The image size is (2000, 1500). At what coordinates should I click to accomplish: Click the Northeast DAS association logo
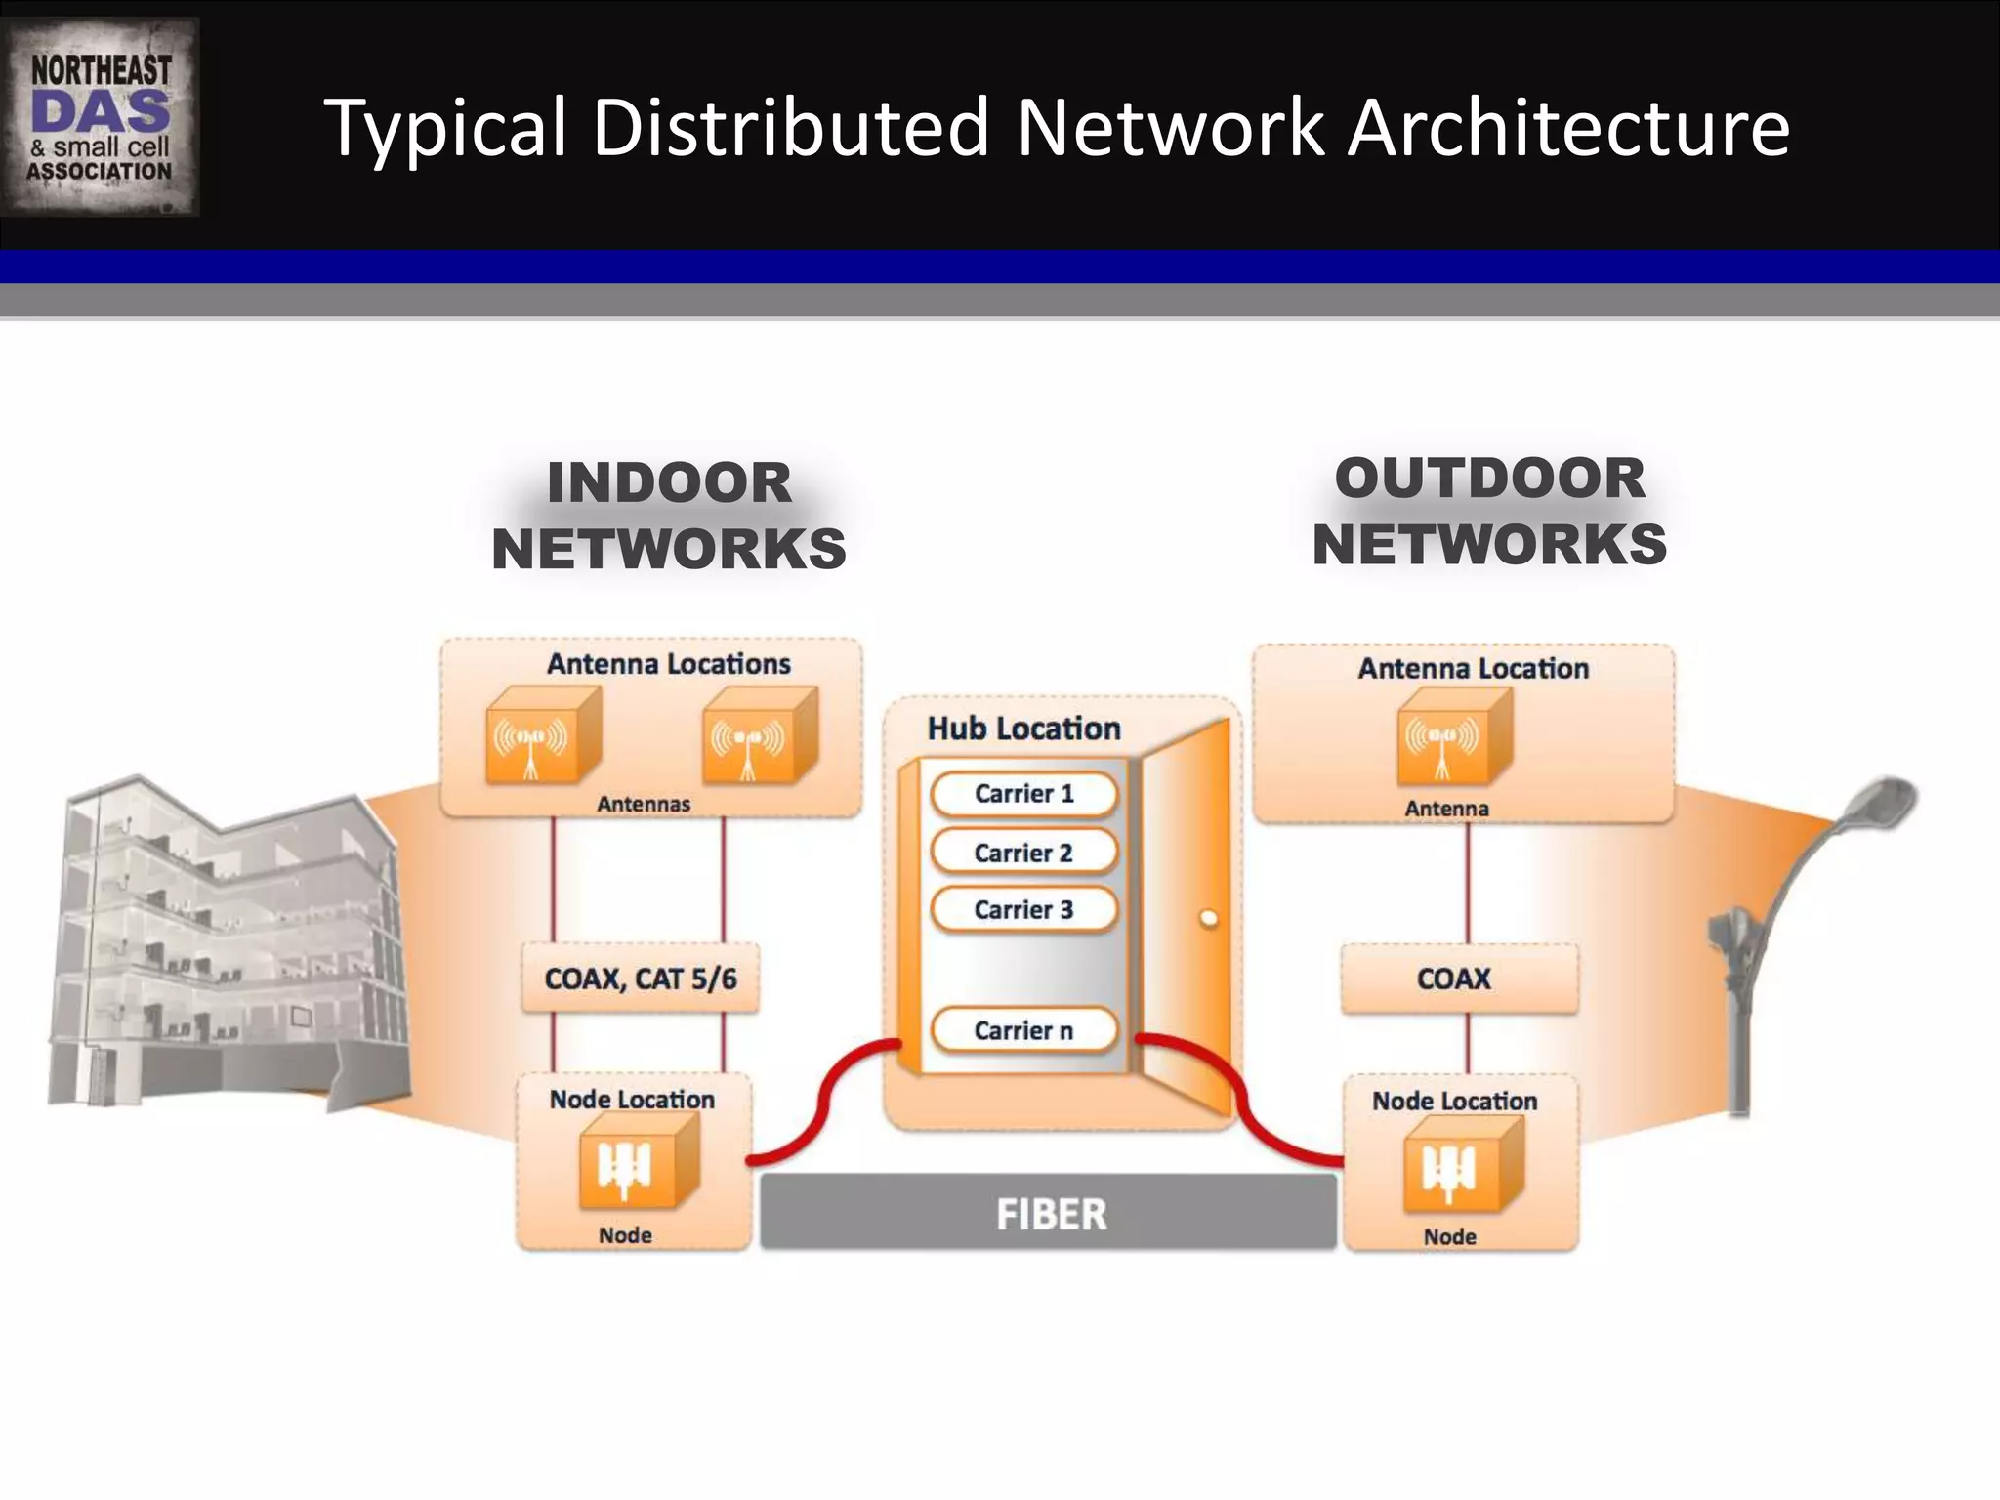(x=100, y=117)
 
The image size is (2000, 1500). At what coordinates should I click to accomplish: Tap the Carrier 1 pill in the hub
(x=1023, y=794)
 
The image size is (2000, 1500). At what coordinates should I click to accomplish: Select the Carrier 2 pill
(x=1023, y=853)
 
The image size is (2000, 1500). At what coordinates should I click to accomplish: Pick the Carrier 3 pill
(x=1023, y=910)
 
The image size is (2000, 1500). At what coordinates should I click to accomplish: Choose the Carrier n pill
(x=1023, y=1030)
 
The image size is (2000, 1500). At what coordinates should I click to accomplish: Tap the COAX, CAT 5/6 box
(x=641, y=979)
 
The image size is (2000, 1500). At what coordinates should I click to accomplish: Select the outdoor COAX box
(x=1457, y=979)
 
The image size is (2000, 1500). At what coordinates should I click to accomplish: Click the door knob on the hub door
(x=1209, y=918)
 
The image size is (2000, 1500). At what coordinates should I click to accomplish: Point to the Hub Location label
(x=1023, y=729)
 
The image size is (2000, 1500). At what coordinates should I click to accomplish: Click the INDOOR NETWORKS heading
(x=669, y=516)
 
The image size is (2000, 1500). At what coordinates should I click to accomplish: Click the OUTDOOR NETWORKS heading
(x=1489, y=512)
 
